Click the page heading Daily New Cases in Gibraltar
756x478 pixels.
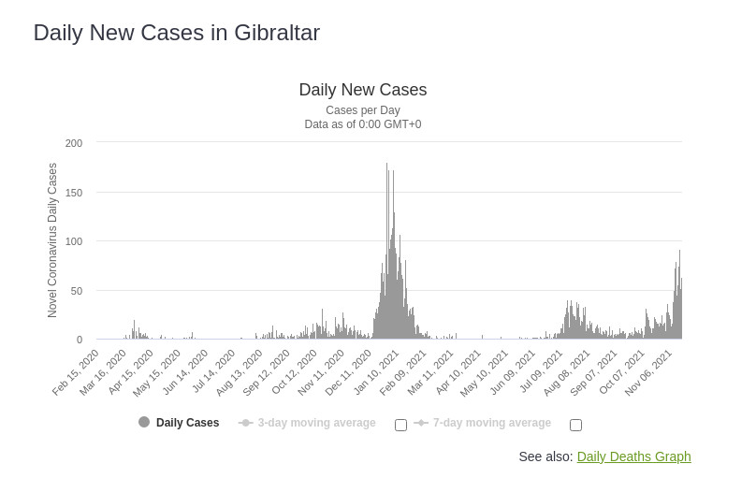click(x=177, y=33)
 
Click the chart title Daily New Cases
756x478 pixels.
click(x=363, y=90)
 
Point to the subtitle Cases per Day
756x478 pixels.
click(x=363, y=110)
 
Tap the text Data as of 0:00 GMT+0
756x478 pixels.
click(x=363, y=124)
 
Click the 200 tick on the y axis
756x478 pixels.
click(x=74, y=143)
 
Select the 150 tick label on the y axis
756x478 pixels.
click(x=74, y=193)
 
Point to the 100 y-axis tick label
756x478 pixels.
click(x=74, y=241)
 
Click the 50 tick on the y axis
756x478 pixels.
click(x=77, y=291)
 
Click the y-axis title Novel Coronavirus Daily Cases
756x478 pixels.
click(x=52, y=240)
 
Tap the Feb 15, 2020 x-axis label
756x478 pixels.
click(x=77, y=371)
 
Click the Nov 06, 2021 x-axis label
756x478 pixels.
click(x=650, y=371)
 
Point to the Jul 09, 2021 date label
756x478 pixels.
click(x=542, y=371)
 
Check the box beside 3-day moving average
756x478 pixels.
click(x=400, y=425)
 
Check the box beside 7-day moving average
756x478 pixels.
click(x=575, y=425)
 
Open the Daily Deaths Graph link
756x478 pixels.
click(x=633, y=456)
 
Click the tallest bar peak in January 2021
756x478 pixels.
click(x=386, y=165)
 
